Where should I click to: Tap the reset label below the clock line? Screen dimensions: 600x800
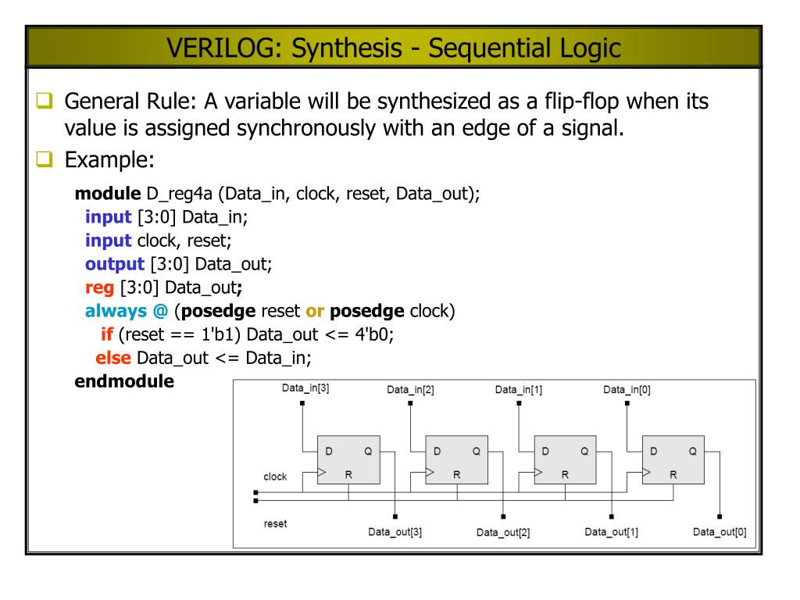(274, 523)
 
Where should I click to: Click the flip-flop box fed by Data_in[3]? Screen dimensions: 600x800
(348, 461)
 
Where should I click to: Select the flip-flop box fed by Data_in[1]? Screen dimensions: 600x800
(565, 461)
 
